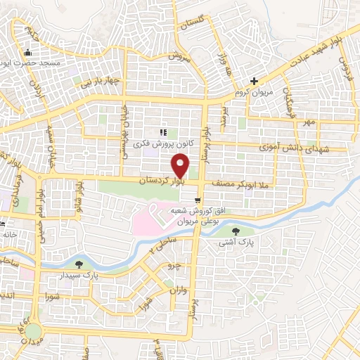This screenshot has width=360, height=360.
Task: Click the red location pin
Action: (x=181, y=166)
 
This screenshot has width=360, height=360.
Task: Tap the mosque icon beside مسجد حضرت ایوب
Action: (x=27, y=52)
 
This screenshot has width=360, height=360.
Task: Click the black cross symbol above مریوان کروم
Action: (x=256, y=81)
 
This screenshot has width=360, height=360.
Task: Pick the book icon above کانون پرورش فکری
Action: (x=163, y=132)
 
